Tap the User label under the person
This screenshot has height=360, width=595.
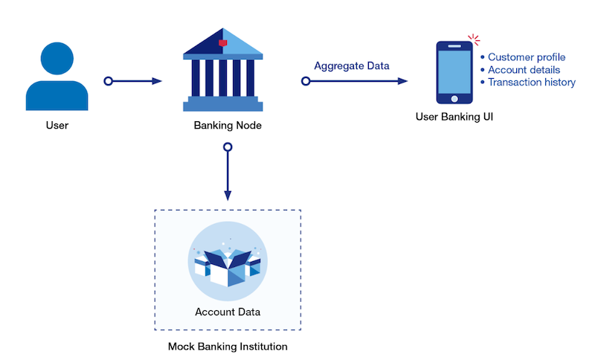[x=57, y=125]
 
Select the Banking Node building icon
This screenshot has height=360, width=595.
[x=223, y=70]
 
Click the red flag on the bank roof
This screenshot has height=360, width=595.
[x=223, y=43]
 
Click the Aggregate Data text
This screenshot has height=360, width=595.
[x=352, y=65]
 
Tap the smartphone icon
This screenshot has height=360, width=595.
[x=454, y=73]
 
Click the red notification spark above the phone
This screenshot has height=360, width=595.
[x=474, y=39]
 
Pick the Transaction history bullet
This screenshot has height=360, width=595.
[x=531, y=83]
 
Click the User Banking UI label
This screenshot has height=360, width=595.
[x=454, y=117]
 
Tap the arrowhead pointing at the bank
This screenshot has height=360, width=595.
[x=157, y=80]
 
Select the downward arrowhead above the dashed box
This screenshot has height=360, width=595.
[x=228, y=196]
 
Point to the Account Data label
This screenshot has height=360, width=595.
[x=228, y=311]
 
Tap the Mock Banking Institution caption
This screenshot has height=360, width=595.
[x=228, y=347]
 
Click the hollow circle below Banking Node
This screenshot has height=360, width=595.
[x=228, y=147]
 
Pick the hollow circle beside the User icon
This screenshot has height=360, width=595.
[x=109, y=80]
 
